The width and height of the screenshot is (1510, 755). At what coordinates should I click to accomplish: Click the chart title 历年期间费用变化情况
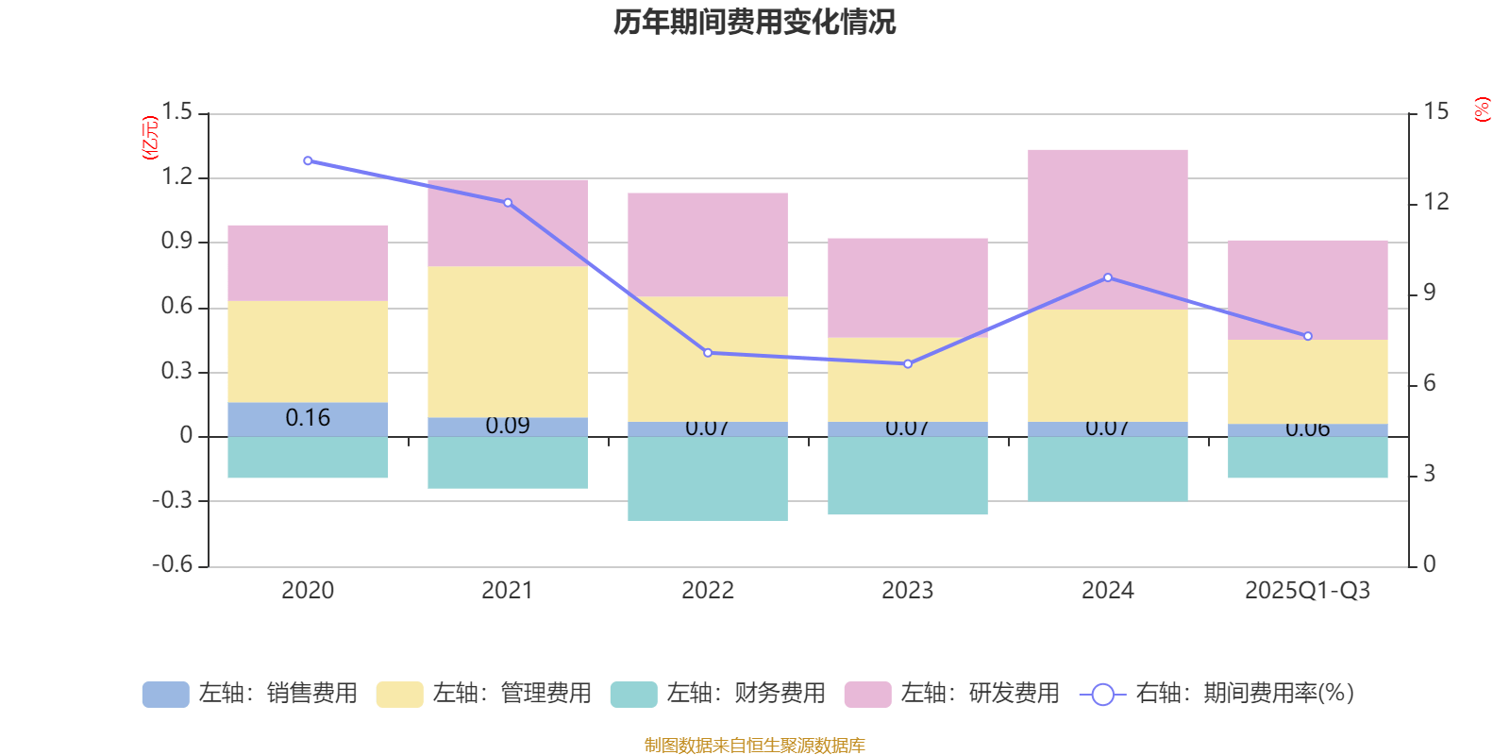coord(755,22)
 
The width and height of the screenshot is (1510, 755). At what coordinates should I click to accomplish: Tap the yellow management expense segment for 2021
coord(508,342)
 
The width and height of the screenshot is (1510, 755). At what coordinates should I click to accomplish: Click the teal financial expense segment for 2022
coord(708,478)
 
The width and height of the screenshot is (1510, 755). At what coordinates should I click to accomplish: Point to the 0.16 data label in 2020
coord(308,418)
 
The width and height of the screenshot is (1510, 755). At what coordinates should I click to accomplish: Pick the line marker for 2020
coord(308,160)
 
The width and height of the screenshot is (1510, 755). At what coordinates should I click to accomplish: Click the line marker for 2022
coord(708,353)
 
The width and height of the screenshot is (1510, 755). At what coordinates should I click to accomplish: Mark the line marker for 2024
coord(1108,277)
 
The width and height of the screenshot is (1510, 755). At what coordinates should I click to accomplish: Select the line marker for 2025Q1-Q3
coord(1308,336)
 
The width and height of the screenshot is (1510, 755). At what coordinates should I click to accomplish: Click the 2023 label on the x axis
coord(908,591)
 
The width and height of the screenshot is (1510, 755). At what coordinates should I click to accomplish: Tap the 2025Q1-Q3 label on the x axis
coord(1307,591)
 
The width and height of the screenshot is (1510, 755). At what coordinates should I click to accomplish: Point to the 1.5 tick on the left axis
coord(176,112)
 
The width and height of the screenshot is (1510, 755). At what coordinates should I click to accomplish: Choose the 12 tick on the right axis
coord(1436,202)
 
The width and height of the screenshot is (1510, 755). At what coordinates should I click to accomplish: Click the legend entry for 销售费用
coord(250,694)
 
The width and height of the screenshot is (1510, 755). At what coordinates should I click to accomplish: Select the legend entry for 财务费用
coord(718,694)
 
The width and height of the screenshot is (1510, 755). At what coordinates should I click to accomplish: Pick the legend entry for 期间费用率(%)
coord(1217,694)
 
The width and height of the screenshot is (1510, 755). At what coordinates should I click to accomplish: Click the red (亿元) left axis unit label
coord(149,138)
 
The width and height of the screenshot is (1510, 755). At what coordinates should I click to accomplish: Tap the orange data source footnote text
coord(755,746)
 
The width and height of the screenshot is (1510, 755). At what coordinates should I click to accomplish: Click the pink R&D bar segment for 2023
coord(908,288)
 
